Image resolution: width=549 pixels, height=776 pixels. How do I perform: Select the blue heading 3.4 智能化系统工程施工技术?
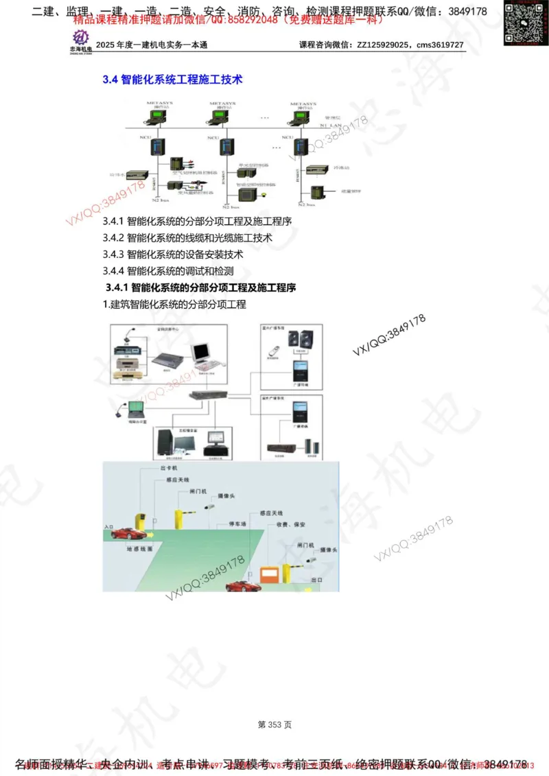pyautogui.click(x=172, y=80)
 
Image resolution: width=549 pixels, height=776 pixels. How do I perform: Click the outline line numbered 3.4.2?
pyautogui.click(x=187, y=237)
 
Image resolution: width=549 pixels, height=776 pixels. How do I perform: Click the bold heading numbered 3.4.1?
pyautogui.click(x=201, y=287)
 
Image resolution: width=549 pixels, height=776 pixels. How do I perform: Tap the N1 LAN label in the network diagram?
pyautogui.click(x=330, y=126)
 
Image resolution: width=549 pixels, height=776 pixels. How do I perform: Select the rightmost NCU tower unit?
pyautogui.click(x=299, y=148)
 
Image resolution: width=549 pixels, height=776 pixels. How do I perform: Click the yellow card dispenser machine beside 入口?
pyautogui.click(x=141, y=520)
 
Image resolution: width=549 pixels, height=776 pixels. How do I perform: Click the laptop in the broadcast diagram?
pyautogui.click(x=134, y=410)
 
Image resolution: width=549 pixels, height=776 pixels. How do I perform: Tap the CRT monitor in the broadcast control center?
pyautogui.click(x=201, y=353)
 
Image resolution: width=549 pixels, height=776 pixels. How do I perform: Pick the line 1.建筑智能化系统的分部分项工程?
pyautogui.click(x=174, y=304)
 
